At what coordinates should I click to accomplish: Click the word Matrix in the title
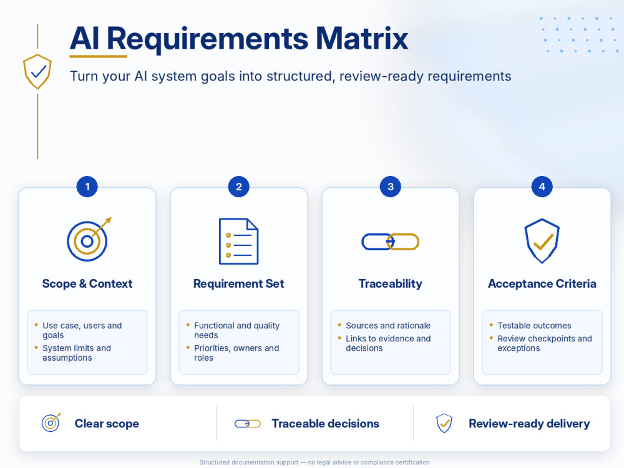(362, 39)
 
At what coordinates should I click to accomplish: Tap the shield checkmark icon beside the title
(37, 71)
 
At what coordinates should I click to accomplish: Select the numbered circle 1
(87, 186)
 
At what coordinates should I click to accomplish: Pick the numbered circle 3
(391, 186)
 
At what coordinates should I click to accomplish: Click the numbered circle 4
(542, 186)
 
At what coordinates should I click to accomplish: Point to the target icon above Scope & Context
(89, 239)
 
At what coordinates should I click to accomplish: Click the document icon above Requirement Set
(239, 241)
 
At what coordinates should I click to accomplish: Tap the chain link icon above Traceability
(391, 241)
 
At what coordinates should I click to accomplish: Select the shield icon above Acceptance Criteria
(542, 241)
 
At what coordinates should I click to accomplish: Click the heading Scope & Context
(87, 284)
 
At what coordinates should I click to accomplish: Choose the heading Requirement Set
(239, 284)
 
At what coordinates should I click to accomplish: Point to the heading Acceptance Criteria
(542, 284)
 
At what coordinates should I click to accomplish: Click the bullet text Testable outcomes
(534, 326)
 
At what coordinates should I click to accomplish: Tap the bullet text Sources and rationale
(388, 326)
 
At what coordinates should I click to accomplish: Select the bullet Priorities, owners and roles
(236, 353)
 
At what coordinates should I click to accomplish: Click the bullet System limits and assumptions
(76, 353)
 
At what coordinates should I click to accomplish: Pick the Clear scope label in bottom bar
(107, 424)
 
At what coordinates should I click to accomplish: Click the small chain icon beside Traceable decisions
(248, 424)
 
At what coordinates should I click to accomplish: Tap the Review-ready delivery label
(529, 424)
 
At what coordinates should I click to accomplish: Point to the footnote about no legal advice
(314, 462)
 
